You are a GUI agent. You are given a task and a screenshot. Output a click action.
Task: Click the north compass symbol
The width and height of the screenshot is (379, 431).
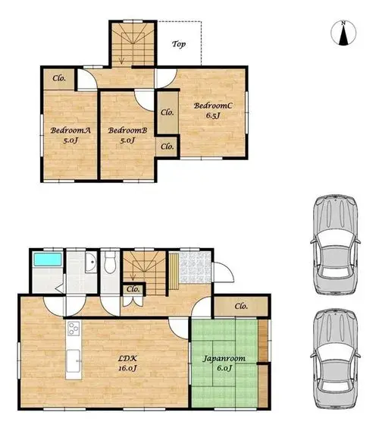(343, 33)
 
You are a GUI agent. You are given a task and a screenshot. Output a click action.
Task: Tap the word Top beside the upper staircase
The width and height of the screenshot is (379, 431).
(179, 44)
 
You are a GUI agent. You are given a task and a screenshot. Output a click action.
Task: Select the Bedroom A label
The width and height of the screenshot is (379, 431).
(70, 135)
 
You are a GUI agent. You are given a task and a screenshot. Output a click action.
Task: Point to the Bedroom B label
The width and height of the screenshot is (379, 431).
(127, 135)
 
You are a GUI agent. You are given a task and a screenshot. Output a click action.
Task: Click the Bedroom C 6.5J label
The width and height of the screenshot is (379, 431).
(213, 110)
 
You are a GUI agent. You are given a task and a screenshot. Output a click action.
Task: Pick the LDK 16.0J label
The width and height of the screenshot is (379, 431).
(127, 363)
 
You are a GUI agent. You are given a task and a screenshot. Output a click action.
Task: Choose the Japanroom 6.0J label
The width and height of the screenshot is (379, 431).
(224, 363)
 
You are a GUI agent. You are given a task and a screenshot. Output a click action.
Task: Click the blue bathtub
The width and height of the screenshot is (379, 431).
(47, 260)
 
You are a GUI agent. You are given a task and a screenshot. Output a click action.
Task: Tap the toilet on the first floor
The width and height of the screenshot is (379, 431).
(111, 263)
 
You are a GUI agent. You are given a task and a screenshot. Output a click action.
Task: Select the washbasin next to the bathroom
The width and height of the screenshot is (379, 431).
(91, 263)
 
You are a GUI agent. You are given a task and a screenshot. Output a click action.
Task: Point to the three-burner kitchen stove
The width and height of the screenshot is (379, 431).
(74, 329)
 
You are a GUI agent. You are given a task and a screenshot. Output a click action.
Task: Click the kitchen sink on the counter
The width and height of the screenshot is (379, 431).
(74, 361)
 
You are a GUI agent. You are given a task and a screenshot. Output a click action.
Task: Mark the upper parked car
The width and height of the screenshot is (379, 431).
(335, 244)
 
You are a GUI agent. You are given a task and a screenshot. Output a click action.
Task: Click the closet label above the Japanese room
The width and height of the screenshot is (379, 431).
(241, 306)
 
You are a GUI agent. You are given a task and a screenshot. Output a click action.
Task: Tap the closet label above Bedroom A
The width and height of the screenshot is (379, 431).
(59, 78)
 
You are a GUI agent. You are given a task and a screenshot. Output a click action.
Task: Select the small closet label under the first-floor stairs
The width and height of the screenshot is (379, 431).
(133, 289)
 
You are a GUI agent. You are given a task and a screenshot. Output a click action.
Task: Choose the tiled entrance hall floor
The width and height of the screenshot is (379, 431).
(196, 267)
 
